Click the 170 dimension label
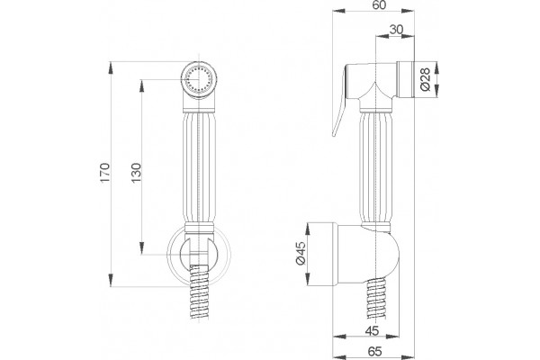click(104, 173)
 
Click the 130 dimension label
click(137, 173)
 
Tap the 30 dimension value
click(396, 30)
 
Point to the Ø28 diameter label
click(426, 79)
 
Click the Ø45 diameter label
click(301, 253)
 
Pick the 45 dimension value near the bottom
click(372, 330)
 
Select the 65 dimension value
click(374, 351)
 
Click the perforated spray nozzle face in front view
click(199, 80)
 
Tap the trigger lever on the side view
click(340, 101)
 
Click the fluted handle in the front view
click(199, 167)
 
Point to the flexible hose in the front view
click(199, 292)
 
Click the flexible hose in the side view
click(377, 298)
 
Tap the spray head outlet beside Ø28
click(405, 80)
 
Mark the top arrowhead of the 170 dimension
click(111, 67)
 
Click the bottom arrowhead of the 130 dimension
click(141, 248)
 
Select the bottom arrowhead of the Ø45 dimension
click(308, 279)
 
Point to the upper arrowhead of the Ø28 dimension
click(436, 67)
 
